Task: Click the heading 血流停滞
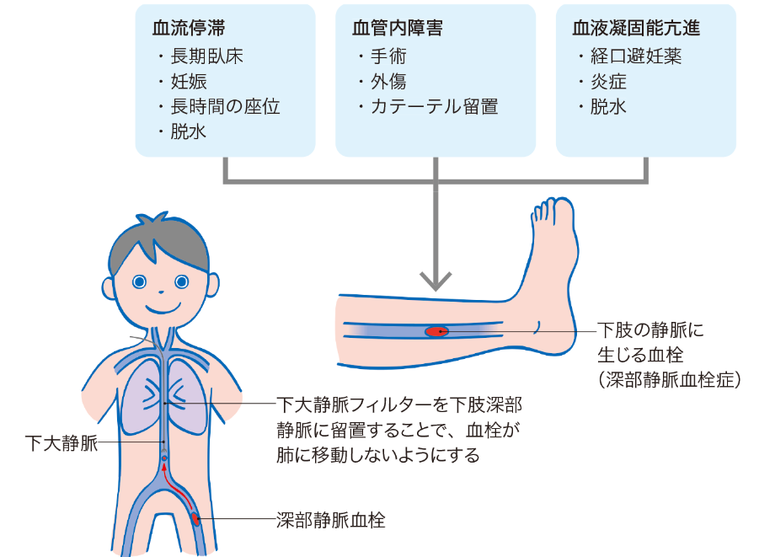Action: tap(189, 28)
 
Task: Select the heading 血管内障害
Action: tap(398, 28)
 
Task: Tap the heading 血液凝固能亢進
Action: tap(636, 28)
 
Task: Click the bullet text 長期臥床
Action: tap(206, 56)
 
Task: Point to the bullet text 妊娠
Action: tap(189, 82)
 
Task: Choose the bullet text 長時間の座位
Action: tap(225, 106)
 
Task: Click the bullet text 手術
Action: tap(388, 56)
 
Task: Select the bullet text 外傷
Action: tap(388, 82)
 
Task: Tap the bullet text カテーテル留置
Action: tap(435, 106)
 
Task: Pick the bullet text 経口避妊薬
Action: tap(635, 56)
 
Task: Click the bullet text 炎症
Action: tap(608, 82)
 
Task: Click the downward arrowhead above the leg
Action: tap(436, 281)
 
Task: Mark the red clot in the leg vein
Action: tap(436, 332)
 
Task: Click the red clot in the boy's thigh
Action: tap(195, 519)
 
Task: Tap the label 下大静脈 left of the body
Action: tap(61, 442)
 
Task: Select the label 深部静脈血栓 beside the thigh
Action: tap(331, 520)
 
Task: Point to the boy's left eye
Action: tap(181, 281)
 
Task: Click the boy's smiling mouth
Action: tap(163, 308)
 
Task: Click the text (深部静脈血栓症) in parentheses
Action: tap(670, 380)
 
